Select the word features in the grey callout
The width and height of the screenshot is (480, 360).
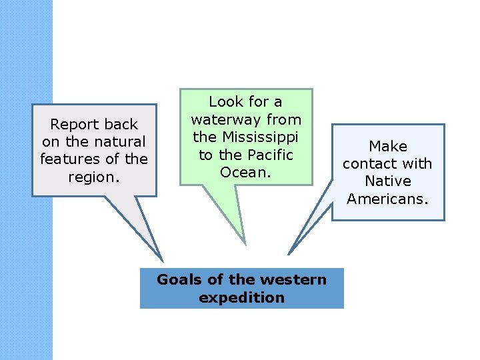69,159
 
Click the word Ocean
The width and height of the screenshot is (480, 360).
245,172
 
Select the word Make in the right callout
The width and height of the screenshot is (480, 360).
388,146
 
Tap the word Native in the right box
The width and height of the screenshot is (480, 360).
388,181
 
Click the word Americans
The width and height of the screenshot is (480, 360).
387,198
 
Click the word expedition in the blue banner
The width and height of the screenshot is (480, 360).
241,297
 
